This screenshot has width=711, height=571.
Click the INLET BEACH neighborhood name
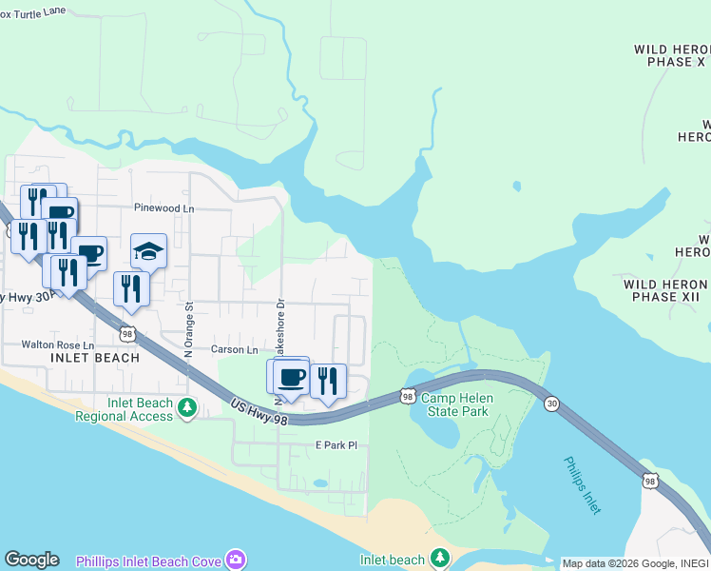95,359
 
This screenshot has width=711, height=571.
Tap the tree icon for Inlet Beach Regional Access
187,409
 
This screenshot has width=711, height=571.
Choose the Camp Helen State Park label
454,404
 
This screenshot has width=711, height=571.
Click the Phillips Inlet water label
582,485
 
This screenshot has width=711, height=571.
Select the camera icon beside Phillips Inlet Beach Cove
235,560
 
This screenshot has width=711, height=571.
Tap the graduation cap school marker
148,251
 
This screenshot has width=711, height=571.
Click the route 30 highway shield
551,404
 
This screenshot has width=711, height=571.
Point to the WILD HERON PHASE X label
670,55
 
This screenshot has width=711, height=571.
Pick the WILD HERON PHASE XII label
665,290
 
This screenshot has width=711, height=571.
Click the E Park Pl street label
335,444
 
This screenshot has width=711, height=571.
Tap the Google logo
31,560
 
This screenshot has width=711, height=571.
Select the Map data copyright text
634,563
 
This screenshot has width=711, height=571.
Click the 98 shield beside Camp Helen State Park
407,395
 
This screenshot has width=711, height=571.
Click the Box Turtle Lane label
34,9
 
